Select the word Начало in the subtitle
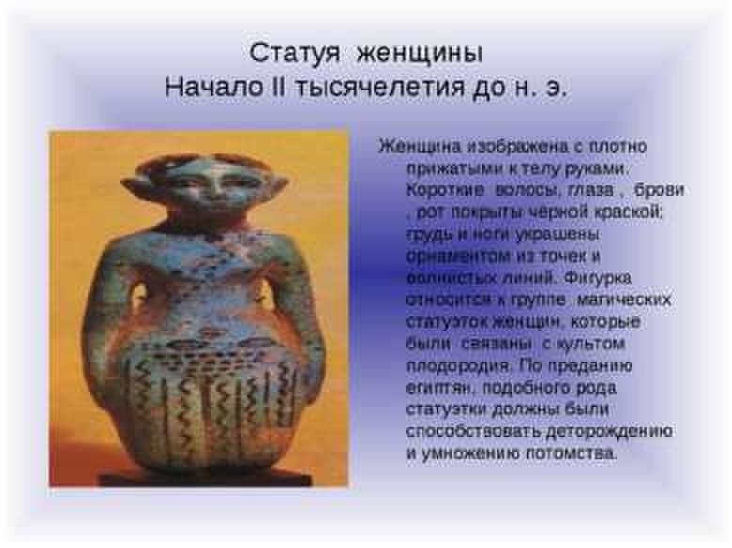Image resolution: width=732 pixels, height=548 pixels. pyautogui.click(x=214, y=87)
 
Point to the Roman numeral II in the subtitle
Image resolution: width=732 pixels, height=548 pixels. pyautogui.click(x=279, y=87)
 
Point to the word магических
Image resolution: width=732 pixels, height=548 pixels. pyautogui.click(x=623, y=300)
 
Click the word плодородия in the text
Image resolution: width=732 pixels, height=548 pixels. pyautogui.click(x=456, y=366)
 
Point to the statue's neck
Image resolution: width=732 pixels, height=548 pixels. pyautogui.click(x=211, y=223)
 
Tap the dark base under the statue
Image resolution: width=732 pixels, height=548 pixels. pyautogui.click(x=205, y=476)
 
